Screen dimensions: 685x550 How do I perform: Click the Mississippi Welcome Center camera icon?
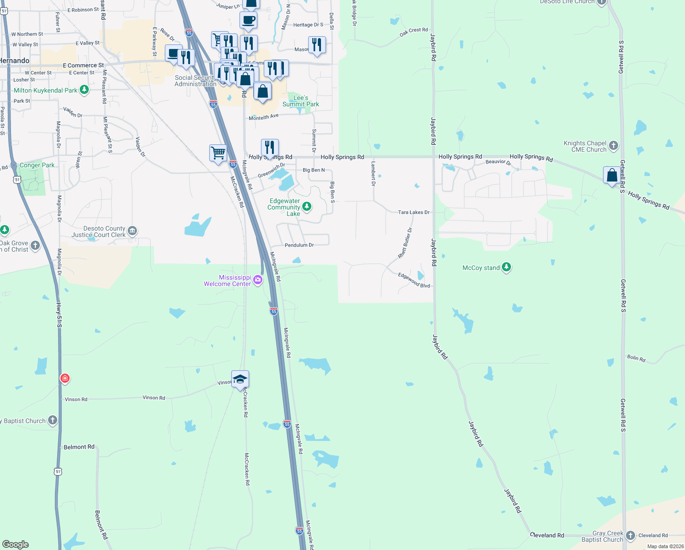(258, 280)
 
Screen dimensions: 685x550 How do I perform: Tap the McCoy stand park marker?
(506, 267)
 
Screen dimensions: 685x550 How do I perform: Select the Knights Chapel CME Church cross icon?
(614, 146)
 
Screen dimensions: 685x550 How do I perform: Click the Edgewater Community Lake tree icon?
(307, 207)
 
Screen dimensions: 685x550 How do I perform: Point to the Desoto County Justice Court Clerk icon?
(132, 231)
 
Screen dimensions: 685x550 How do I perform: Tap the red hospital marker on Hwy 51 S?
(65, 379)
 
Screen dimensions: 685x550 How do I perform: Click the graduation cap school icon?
(240, 379)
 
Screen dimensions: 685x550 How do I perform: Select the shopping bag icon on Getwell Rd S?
(612, 175)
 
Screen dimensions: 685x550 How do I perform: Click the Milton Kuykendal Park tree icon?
(84, 90)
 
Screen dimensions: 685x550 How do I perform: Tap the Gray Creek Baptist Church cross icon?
(631, 535)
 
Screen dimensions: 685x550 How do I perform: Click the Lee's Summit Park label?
(300, 101)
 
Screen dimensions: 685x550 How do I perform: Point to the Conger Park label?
(37, 165)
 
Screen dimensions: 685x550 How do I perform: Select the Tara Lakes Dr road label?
(413, 212)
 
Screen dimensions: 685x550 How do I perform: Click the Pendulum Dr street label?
(299, 245)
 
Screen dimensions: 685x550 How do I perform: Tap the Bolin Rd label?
(636, 358)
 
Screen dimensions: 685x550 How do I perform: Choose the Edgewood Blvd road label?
(414, 280)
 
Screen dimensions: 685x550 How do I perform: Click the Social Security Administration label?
(196, 81)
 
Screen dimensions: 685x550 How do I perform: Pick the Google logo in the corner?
(16, 544)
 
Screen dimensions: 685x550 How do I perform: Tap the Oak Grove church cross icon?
(35, 246)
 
